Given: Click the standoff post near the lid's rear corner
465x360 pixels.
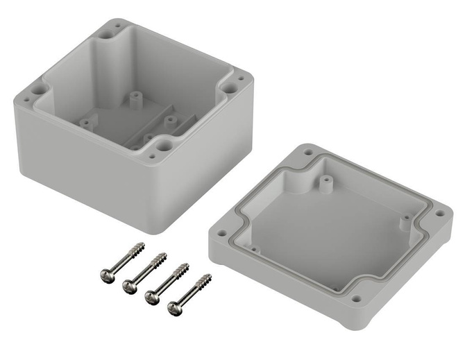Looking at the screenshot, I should (323, 184).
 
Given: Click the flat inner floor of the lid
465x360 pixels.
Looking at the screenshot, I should (326, 236).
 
